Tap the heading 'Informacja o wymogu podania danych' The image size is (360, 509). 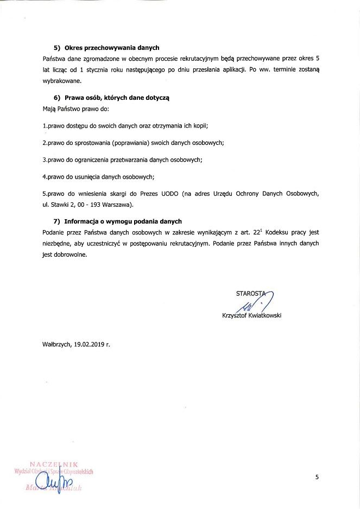click(x=123, y=221)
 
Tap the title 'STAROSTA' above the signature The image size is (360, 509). click(x=250, y=294)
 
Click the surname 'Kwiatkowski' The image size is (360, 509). click(x=264, y=315)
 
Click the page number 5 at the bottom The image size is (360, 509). click(x=317, y=477)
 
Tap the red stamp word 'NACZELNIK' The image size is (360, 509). click(x=54, y=465)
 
